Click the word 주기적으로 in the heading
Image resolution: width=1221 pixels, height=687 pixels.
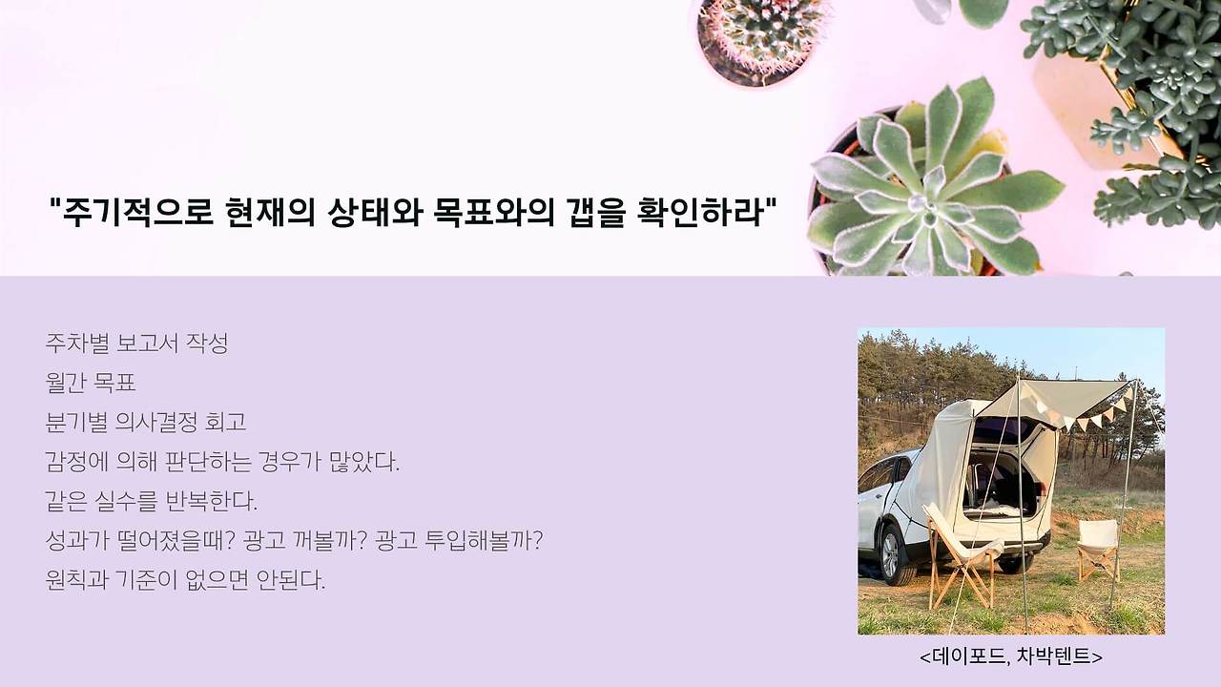136,212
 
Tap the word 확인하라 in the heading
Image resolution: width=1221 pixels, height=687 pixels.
699,212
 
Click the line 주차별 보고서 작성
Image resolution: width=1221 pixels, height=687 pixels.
136,343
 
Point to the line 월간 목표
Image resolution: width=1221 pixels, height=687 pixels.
91,383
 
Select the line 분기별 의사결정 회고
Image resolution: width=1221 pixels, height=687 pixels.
146,423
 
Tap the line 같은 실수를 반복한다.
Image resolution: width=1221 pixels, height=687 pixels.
152,502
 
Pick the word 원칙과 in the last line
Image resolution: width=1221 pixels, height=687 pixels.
77,581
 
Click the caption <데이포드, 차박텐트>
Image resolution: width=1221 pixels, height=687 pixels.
1011,656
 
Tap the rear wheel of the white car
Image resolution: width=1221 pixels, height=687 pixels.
893,555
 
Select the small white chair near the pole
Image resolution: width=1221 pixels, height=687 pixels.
1098,548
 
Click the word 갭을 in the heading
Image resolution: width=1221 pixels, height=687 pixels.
595,212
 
